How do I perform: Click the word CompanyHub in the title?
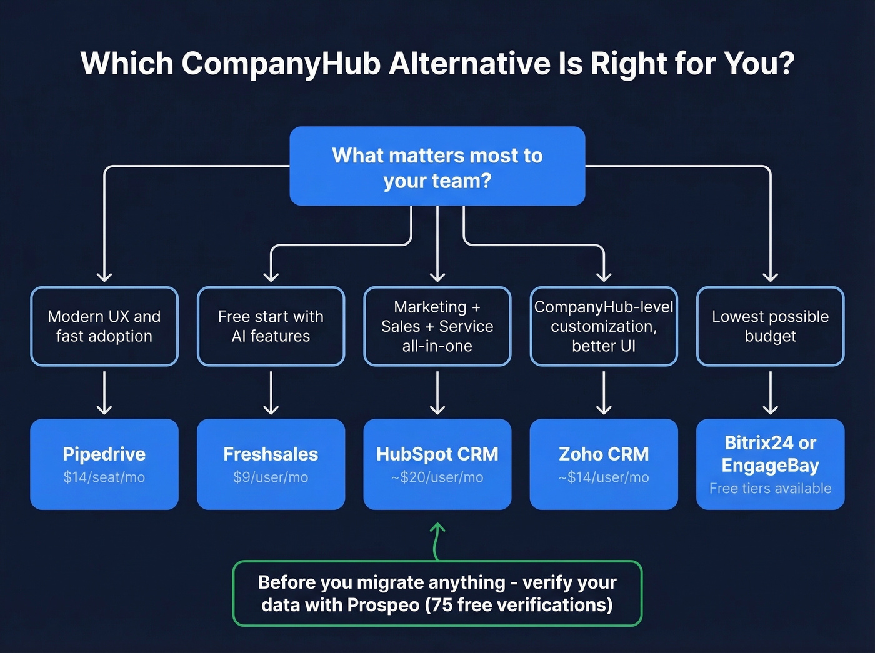(x=281, y=64)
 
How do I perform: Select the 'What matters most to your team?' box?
(x=437, y=167)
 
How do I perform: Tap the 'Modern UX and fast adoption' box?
(x=104, y=326)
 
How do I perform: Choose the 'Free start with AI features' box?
(x=271, y=326)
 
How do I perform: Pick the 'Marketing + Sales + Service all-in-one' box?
(x=437, y=326)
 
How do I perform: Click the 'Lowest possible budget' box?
(x=770, y=326)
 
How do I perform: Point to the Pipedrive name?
(x=104, y=454)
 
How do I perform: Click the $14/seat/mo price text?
(x=104, y=477)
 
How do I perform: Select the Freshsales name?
(x=271, y=454)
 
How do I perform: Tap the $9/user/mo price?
(x=271, y=477)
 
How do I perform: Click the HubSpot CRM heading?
(x=437, y=454)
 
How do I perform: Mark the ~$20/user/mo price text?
(x=437, y=477)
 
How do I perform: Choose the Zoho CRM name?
(x=604, y=454)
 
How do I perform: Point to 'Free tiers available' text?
(x=770, y=489)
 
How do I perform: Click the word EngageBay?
(x=770, y=466)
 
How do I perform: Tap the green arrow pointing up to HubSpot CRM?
(x=437, y=540)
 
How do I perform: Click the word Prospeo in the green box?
(x=383, y=605)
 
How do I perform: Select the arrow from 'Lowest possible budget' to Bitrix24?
(x=770, y=393)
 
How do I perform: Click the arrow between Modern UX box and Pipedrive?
(x=104, y=393)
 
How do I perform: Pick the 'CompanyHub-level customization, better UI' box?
(x=604, y=326)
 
